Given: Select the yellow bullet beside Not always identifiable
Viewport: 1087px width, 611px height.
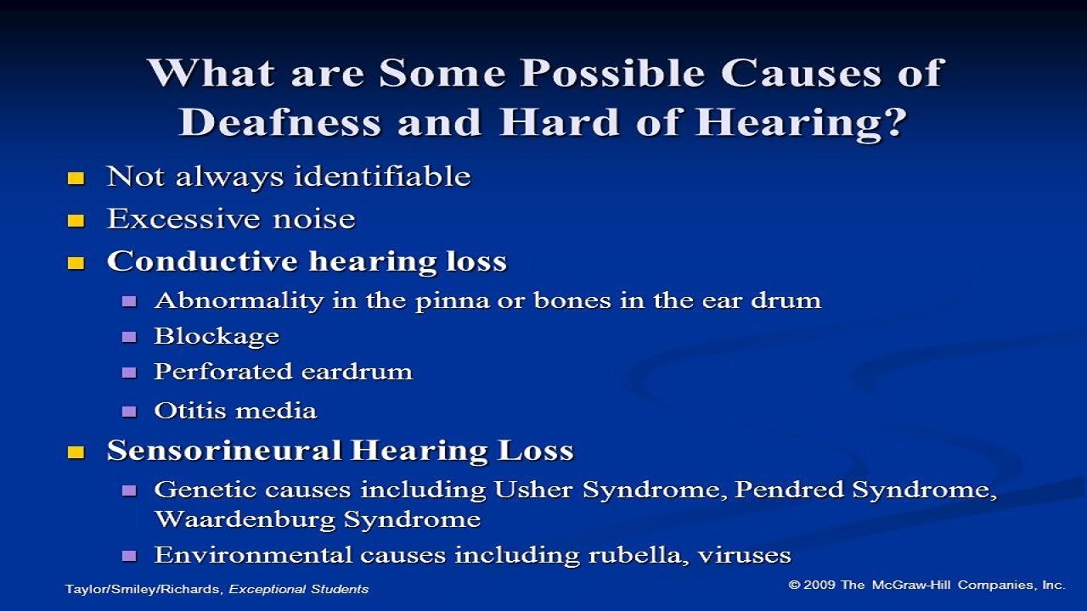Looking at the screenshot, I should click(76, 178).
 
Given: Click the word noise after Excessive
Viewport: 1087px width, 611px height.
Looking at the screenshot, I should click(313, 220).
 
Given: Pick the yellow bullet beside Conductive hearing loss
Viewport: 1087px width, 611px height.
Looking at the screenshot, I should click(76, 263).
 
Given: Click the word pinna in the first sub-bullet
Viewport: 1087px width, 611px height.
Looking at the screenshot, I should click(444, 301).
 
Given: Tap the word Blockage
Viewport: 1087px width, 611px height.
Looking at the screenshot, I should click(217, 337).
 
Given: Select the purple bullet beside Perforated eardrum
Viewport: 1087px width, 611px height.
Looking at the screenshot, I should click(129, 373).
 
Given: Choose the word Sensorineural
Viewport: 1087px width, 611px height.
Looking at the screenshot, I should click(224, 451).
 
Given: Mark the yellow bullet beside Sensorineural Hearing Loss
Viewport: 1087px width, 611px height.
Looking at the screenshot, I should click(76, 452).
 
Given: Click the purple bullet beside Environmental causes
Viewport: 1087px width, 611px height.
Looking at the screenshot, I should click(129, 558).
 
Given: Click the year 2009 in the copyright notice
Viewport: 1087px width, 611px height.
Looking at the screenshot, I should click(819, 585).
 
